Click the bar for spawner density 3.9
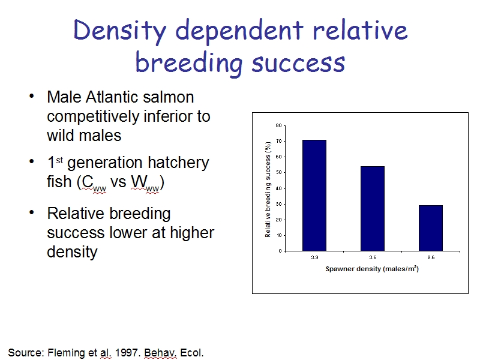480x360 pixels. (x=314, y=196)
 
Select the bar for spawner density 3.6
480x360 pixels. (x=373, y=208)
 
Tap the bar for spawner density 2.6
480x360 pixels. (x=431, y=228)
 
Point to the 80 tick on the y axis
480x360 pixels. (x=278, y=125)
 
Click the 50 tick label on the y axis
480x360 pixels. (x=278, y=172)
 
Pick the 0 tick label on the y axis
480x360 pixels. (x=280, y=251)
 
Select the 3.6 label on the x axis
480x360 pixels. (x=373, y=257)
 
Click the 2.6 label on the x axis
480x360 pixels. (x=431, y=257)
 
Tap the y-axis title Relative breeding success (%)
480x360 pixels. (x=268, y=189)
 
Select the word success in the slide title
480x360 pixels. (x=298, y=63)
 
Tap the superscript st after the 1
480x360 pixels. (x=59, y=160)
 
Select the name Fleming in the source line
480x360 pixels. (x=67, y=353)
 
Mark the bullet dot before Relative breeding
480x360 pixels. (x=31, y=212)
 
